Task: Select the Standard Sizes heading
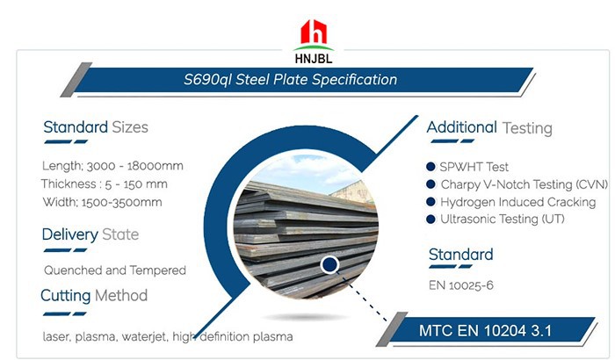pyautogui.click(x=96, y=127)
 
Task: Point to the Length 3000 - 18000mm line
pyautogui.click(x=112, y=166)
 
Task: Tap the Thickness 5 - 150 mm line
pyautogui.click(x=105, y=184)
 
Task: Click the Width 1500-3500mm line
pyautogui.click(x=101, y=202)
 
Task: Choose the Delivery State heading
pyautogui.click(x=90, y=234)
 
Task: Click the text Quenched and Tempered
pyautogui.click(x=115, y=270)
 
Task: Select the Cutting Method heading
pyautogui.click(x=94, y=295)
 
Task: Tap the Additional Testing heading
pyautogui.click(x=489, y=127)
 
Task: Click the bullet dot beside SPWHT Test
pyautogui.click(x=430, y=167)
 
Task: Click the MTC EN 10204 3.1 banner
pyautogui.click(x=496, y=331)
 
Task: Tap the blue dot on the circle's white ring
pyautogui.click(x=330, y=263)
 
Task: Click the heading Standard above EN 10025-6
pyautogui.click(x=460, y=255)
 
